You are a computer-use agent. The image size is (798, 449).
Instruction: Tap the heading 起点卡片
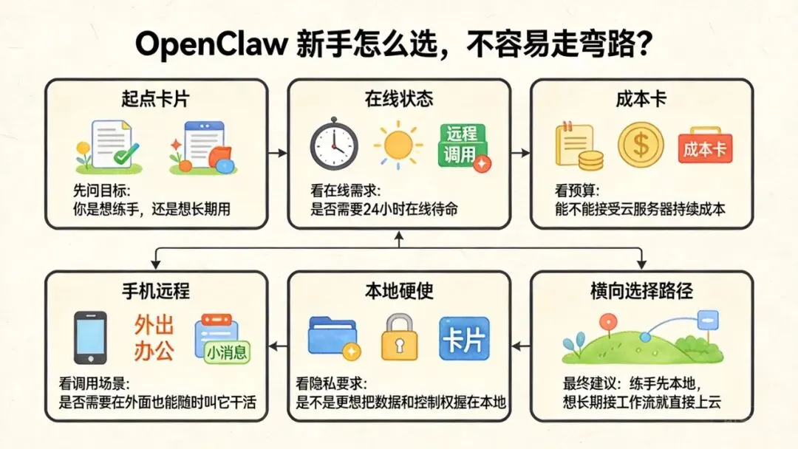tap(156, 98)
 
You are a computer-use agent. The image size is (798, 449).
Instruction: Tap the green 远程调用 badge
tap(463, 145)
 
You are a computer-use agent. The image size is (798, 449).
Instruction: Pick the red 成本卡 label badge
tap(704, 150)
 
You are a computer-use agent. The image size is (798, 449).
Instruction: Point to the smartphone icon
tap(91, 337)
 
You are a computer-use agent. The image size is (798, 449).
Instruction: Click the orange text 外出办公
tap(154, 338)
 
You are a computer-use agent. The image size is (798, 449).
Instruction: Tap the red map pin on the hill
tap(607, 323)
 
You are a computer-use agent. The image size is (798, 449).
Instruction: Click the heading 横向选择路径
tap(642, 290)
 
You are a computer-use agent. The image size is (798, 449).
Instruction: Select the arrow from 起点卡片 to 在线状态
tap(277, 153)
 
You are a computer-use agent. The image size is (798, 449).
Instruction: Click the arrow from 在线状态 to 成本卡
tap(520, 153)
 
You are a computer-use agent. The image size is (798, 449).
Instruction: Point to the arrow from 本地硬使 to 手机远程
tap(277, 344)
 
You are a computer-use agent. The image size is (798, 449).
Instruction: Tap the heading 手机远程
tap(156, 290)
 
